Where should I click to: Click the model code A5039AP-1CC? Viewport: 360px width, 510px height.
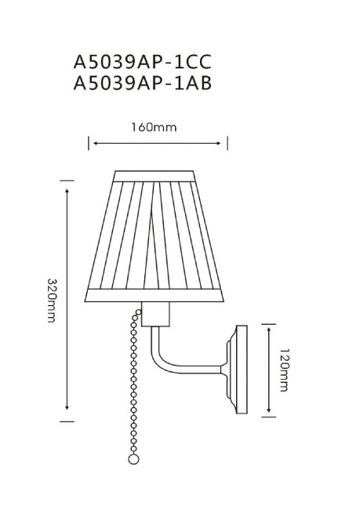coord(143,61)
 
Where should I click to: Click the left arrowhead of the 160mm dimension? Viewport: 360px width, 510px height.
coord(93,144)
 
